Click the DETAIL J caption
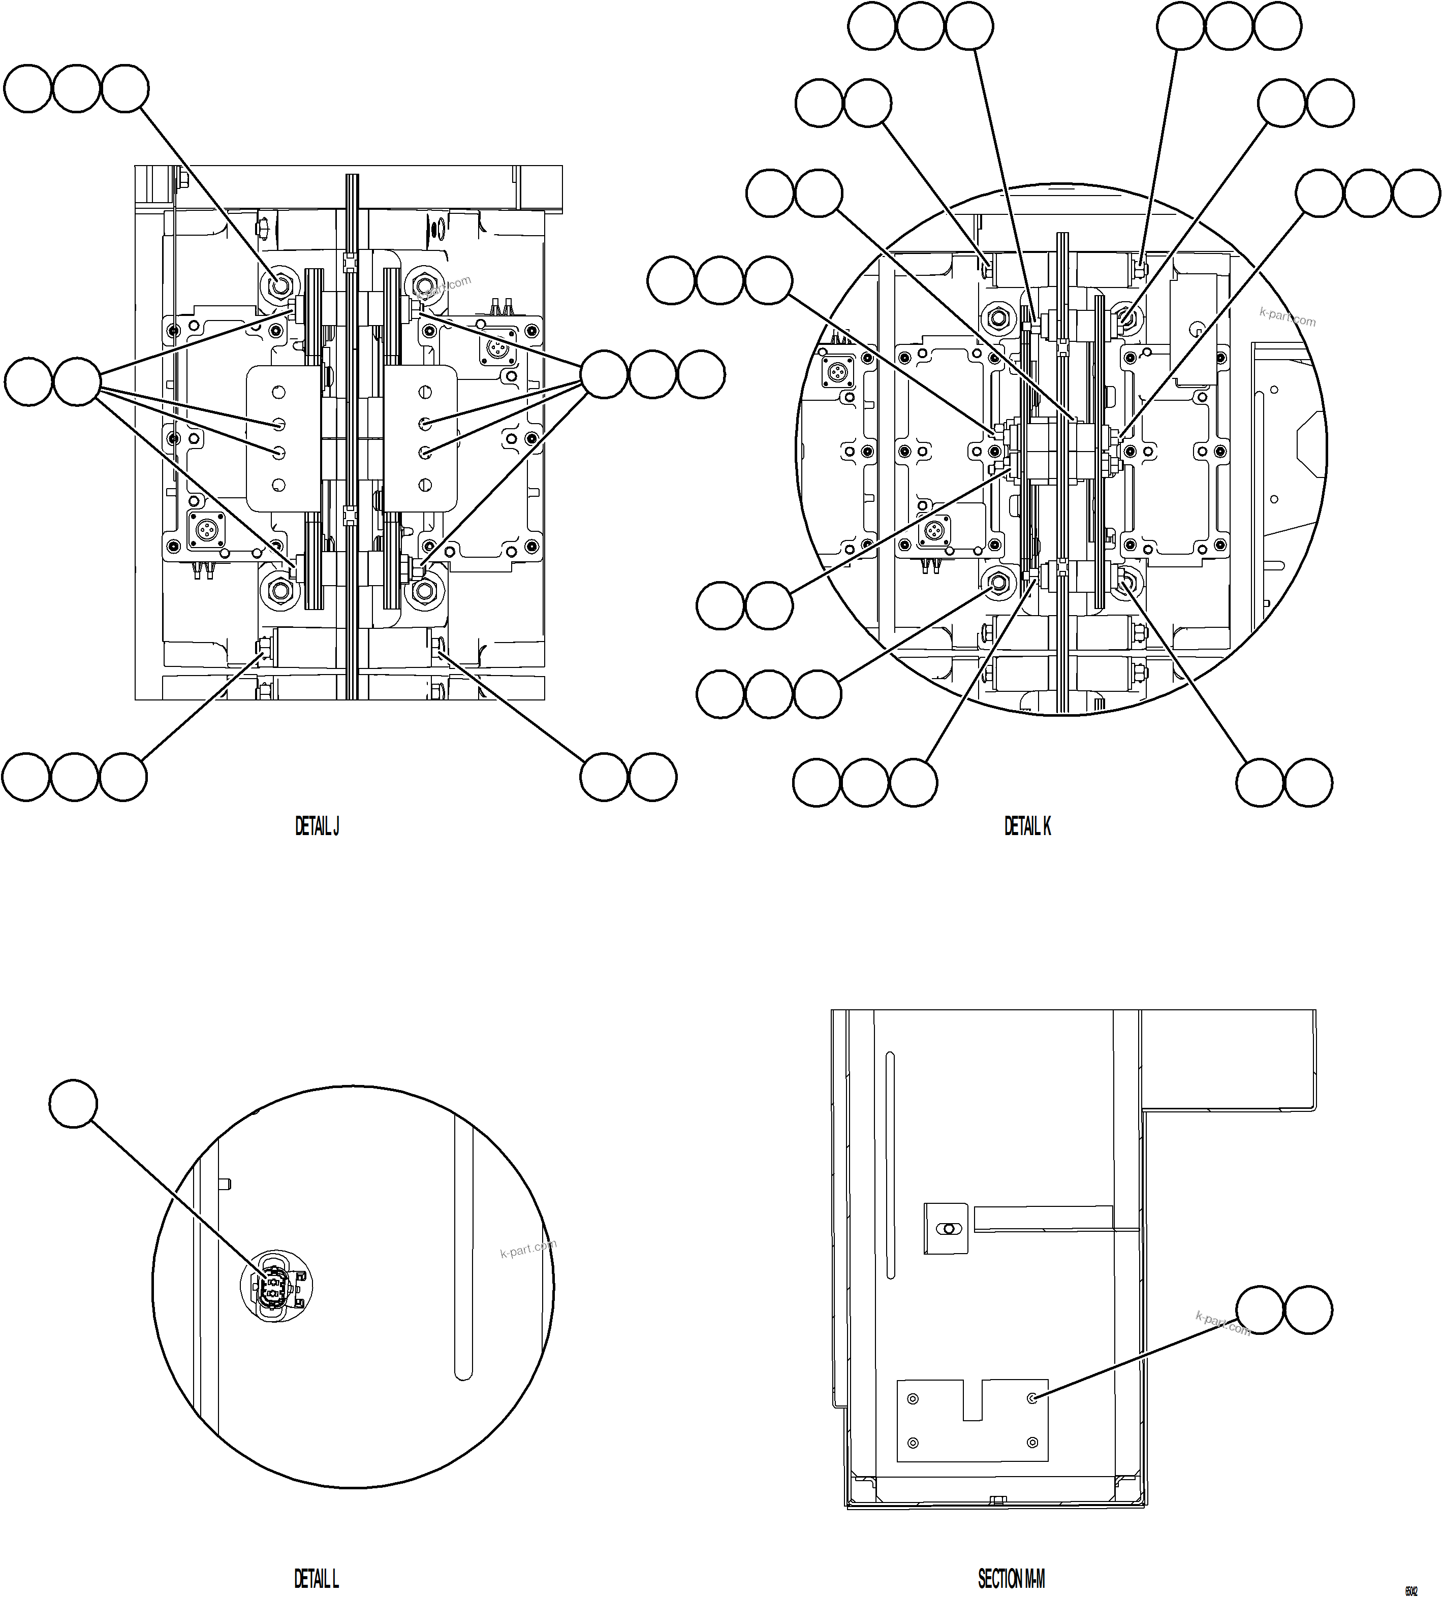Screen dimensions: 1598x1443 317,827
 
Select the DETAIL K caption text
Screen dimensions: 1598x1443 1027,827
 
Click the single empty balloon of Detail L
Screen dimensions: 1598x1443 73,1103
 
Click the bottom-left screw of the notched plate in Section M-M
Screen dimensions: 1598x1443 913,1442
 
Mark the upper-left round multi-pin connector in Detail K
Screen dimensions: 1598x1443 838,370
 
